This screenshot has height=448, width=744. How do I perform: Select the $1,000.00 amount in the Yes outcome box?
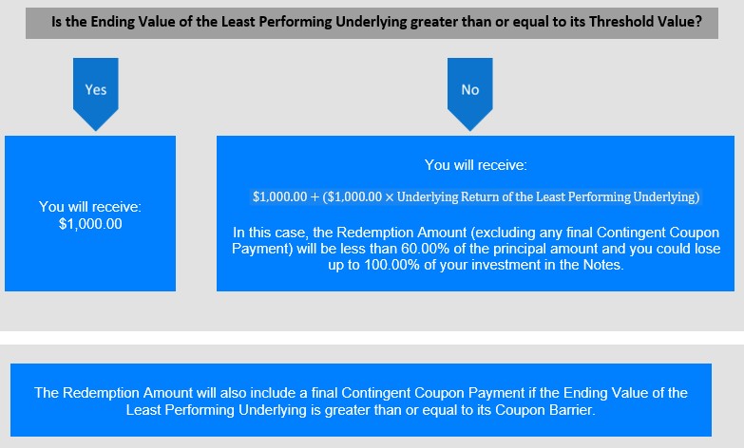pyautogui.click(x=90, y=224)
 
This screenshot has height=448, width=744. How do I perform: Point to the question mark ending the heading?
pyautogui.click(x=698, y=22)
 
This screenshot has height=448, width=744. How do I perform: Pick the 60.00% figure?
pyautogui.click(x=425, y=249)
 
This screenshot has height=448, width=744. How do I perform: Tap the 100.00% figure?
pyautogui.click(x=391, y=265)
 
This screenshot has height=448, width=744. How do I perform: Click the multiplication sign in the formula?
pyautogui.click(x=389, y=197)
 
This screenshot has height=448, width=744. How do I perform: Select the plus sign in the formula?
pyautogui.click(x=315, y=197)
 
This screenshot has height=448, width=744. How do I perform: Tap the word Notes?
pyautogui.click(x=603, y=265)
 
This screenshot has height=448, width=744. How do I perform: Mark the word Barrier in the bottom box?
pyautogui.click(x=572, y=410)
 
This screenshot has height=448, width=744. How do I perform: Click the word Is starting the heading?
pyautogui.click(x=56, y=22)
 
